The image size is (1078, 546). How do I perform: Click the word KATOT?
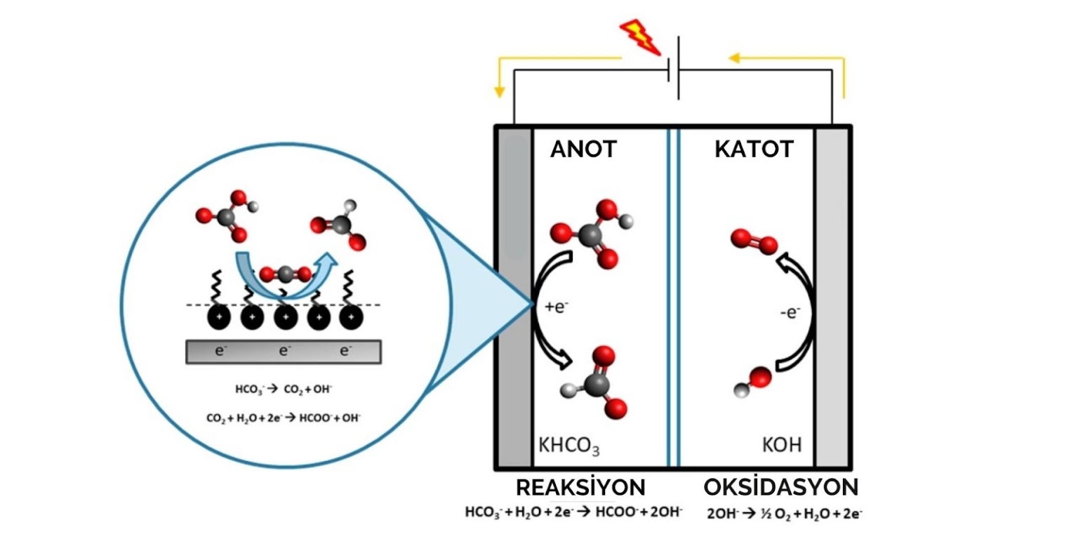(754, 149)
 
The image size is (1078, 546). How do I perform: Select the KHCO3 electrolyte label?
(569, 444)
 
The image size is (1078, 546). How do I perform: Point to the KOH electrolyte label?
(781, 444)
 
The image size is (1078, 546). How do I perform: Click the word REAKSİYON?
(580, 488)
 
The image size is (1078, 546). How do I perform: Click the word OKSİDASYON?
(780, 488)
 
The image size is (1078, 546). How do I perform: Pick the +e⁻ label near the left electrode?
(557, 306)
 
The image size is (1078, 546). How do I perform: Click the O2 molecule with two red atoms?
(754, 242)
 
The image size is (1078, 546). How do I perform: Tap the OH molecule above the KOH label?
(752, 382)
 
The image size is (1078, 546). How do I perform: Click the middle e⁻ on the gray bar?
(284, 351)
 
